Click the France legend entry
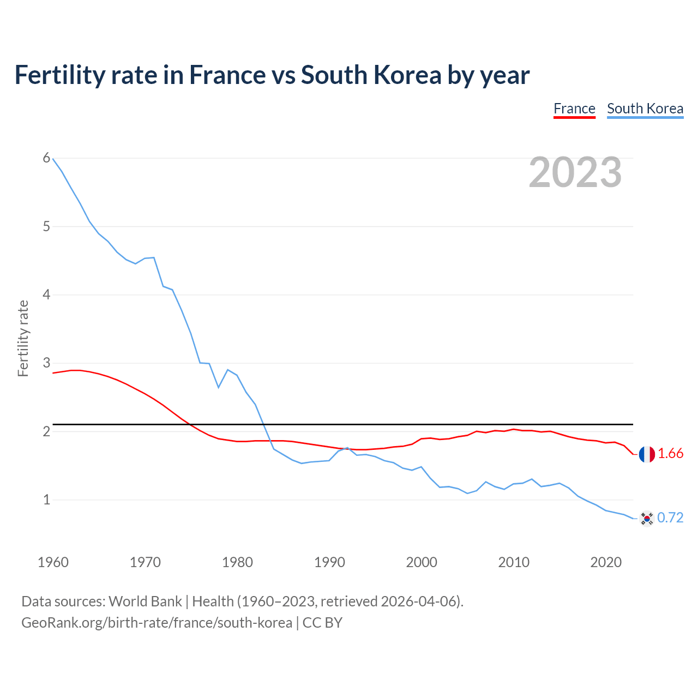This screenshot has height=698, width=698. click(x=574, y=109)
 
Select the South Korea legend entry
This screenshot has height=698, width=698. click(x=645, y=109)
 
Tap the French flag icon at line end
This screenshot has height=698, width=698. click(x=647, y=454)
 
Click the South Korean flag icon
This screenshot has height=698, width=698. click(x=647, y=518)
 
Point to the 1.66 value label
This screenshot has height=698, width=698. click(x=670, y=454)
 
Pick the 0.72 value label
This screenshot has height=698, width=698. click(x=670, y=518)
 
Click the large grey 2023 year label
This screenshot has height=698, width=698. click(x=575, y=172)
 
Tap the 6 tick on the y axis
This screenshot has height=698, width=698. click(x=46, y=158)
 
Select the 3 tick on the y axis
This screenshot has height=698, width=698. click(x=46, y=363)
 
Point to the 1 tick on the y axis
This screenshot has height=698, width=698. click(x=46, y=500)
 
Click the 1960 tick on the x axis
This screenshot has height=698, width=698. click(x=53, y=562)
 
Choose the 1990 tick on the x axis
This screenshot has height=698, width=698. click(x=329, y=562)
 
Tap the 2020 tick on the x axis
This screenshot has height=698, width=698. click(x=606, y=562)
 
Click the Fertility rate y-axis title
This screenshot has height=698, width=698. click(x=23, y=338)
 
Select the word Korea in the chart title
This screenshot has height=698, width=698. click(x=407, y=75)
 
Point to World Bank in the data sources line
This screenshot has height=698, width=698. click(x=145, y=601)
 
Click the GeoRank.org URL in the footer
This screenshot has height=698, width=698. click(x=157, y=623)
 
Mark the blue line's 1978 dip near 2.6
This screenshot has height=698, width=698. click(x=219, y=387)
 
